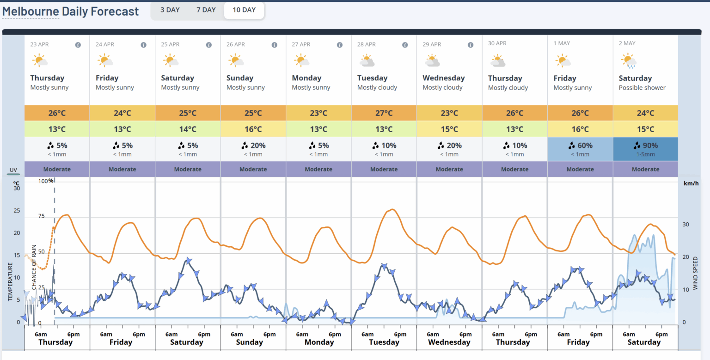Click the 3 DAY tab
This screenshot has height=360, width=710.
pyautogui.click(x=170, y=10)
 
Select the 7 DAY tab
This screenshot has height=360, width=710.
pyautogui.click(x=206, y=10)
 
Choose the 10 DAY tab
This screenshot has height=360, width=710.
pyautogui.click(x=244, y=10)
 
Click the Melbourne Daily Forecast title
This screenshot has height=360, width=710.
pyautogui.click(x=70, y=11)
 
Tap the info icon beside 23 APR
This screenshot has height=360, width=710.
pyautogui.click(x=78, y=45)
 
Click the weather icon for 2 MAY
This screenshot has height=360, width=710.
pyautogui.click(x=629, y=61)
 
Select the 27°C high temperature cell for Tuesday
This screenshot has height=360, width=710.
pyautogui.click(x=384, y=113)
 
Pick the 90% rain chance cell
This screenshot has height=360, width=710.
pyautogui.click(x=645, y=149)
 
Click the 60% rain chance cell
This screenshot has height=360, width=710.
pyautogui.click(x=580, y=149)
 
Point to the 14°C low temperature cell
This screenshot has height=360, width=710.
pyautogui.click(x=188, y=129)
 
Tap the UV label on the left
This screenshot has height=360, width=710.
pyautogui.click(x=13, y=170)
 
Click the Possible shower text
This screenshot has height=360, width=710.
pyautogui.click(x=642, y=88)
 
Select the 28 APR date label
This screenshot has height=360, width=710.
pyautogui.click(x=366, y=44)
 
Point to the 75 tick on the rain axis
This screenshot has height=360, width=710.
pyautogui.click(x=41, y=216)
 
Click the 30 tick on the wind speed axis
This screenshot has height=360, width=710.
pyautogui.click(x=686, y=225)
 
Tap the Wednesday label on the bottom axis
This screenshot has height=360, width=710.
pyautogui.click(x=449, y=342)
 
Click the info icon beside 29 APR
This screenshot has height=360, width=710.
pyautogui.click(x=471, y=45)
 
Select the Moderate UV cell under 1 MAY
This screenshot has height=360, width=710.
pyautogui.click(x=580, y=169)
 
